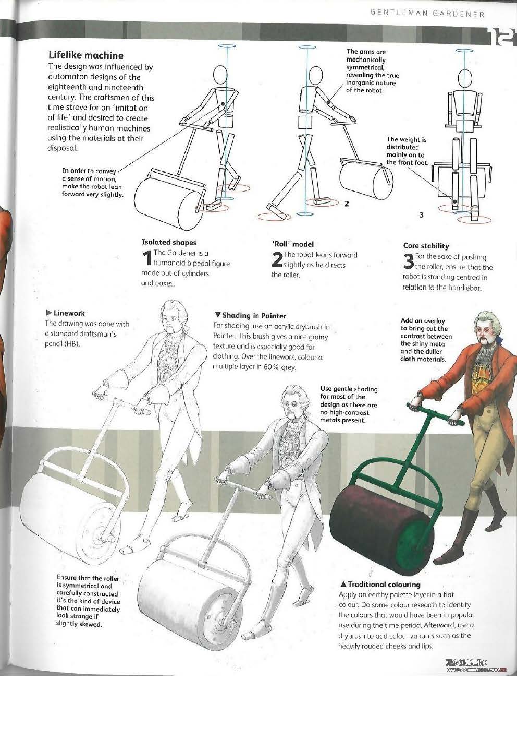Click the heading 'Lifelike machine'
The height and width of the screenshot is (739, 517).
[85, 55]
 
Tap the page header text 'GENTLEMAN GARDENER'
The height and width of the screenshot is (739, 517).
[427, 14]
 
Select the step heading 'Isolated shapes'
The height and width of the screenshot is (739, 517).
[169, 243]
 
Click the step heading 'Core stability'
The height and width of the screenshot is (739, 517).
[426, 246]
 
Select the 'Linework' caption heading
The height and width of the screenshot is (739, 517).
[66, 313]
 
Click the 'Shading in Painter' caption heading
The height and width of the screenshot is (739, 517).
[251, 315]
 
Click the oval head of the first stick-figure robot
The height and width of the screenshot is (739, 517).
[220, 75]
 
